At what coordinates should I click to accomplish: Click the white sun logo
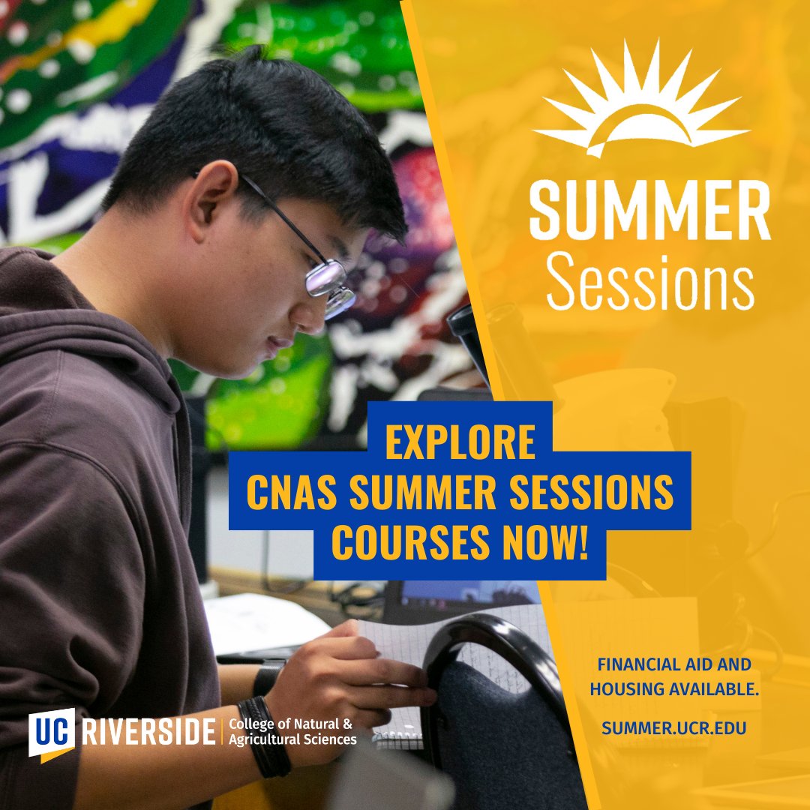641,105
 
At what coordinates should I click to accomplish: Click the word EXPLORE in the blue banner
460,442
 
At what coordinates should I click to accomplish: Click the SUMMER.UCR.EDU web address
673,727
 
